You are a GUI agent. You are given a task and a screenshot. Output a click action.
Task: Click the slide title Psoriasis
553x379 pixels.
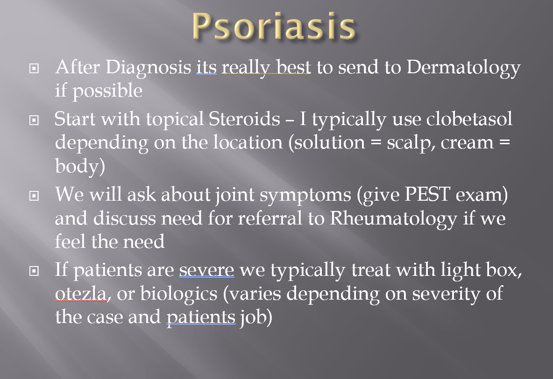[x=274, y=27]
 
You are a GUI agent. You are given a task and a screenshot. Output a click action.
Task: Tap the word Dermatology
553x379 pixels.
[x=463, y=68]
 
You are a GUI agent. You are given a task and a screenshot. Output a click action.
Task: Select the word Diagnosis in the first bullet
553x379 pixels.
[x=148, y=68]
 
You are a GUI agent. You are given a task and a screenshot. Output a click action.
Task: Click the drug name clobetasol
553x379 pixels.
[x=469, y=119]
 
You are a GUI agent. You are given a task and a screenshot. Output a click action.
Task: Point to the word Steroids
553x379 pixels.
[x=244, y=119]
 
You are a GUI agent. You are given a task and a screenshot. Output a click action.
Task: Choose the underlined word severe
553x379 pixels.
[x=206, y=270]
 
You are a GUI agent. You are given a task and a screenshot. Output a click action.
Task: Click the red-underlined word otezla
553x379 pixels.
[x=81, y=294]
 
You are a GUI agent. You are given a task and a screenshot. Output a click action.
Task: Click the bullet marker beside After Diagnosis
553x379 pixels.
[x=34, y=68]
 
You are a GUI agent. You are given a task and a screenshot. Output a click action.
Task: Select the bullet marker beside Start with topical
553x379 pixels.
[x=34, y=120]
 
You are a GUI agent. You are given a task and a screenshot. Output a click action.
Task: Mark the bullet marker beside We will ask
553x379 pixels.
[x=34, y=196]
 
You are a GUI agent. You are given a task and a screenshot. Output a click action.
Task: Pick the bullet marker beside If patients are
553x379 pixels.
[x=34, y=271]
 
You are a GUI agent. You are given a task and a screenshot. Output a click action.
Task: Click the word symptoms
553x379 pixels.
[x=305, y=196]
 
